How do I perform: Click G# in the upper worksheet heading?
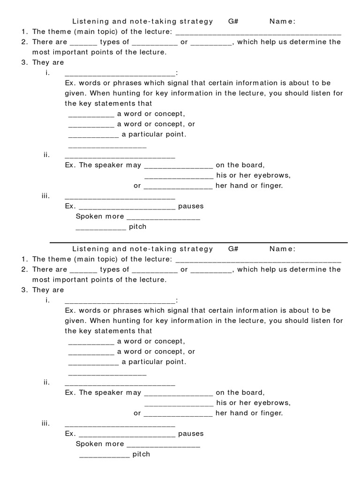click(233, 21)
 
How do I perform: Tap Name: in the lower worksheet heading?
click(282, 249)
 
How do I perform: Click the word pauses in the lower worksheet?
click(191, 434)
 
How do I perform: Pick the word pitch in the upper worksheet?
click(138, 226)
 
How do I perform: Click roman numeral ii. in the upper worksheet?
click(46, 155)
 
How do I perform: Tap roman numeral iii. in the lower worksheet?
click(45, 423)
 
